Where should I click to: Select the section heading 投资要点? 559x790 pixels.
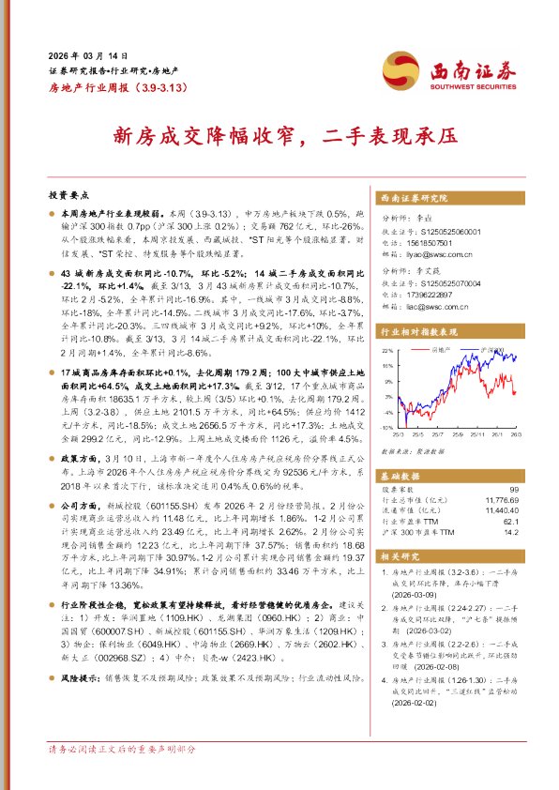[x=68, y=195]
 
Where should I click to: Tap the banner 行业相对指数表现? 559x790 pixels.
[x=419, y=331]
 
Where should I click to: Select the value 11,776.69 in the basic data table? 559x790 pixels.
[x=500, y=501]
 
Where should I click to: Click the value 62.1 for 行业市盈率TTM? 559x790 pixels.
[x=510, y=521]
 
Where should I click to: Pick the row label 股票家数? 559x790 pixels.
[x=400, y=491]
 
